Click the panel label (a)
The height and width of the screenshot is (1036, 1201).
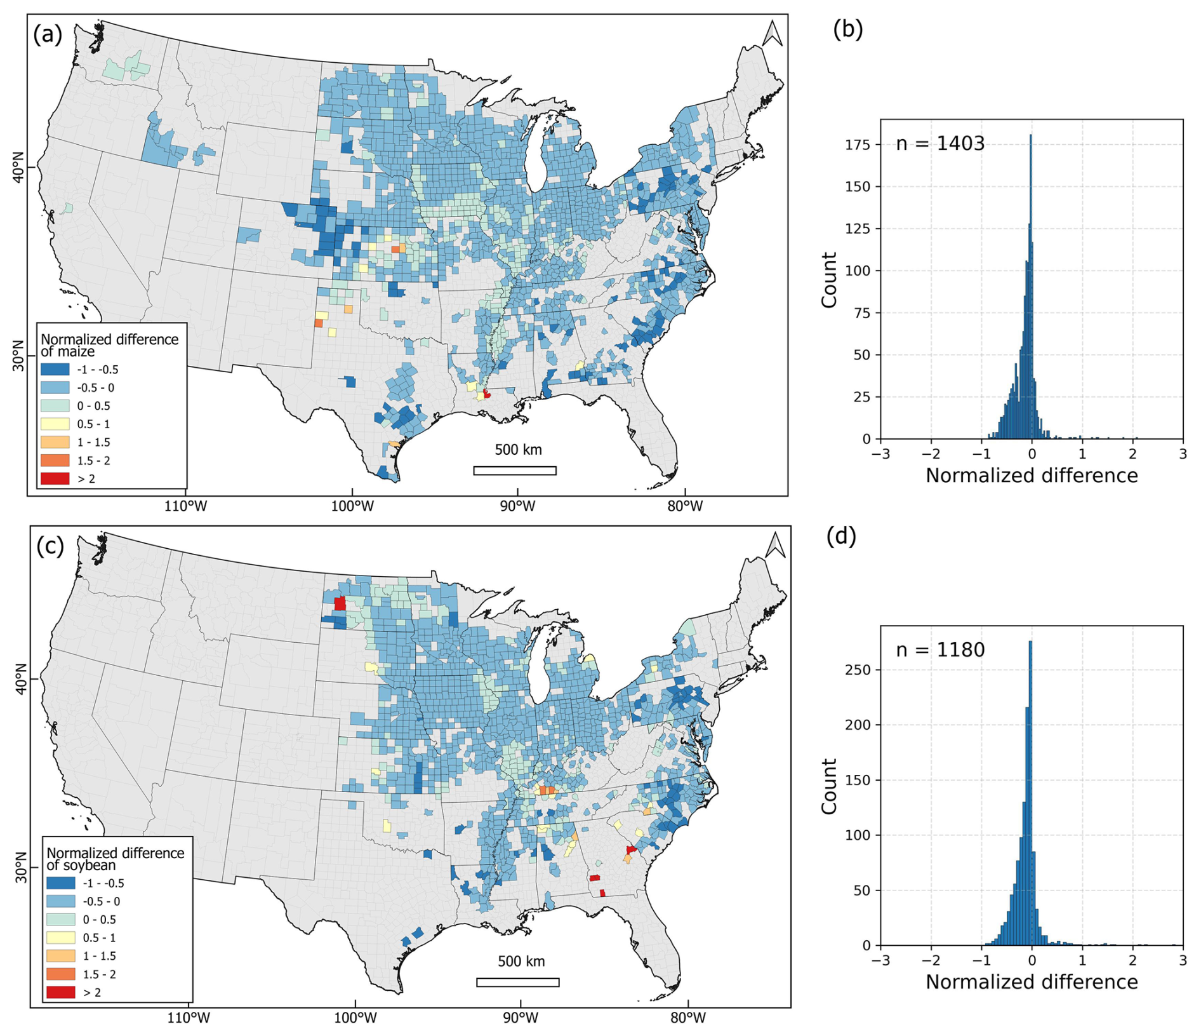pyautogui.click(x=48, y=34)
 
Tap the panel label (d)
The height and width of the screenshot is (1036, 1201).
pyautogui.click(x=841, y=537)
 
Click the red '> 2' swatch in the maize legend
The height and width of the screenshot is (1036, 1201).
pyautogui.click(x=55, y=479)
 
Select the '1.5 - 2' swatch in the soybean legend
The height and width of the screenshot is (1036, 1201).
pyautogui.click(x=60, y=974)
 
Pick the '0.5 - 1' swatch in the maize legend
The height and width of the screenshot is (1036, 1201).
pyautogui.click(x=55, y=424)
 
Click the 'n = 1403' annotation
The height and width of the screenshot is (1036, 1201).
pyautogui.click(x=940, y=144)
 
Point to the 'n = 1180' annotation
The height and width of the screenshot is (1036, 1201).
pyautogui.click(x=940, y=650)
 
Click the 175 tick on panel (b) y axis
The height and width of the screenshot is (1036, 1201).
pyautogui.click(x=858, y=145)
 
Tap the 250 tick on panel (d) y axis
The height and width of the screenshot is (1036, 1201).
pyautogui.click(x=858, y=669)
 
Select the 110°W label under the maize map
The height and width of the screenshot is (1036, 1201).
pyautogui.click(x=185, y=506)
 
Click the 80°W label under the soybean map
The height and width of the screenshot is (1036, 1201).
pyautogui.click(x=688, y=1018)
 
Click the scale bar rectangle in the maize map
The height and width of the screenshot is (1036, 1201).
pyautogui.click(x=515, y=471)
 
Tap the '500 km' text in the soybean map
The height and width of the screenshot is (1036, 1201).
pyautogui.click(x=521, y=961)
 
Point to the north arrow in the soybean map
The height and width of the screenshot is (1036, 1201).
pyautogui.click(x=775, y=546)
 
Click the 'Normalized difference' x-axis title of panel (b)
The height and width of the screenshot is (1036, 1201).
pyautogui.click(x=1032, y=475)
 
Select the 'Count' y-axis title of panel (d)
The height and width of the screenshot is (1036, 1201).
pyautogui.click(x=829, y=786)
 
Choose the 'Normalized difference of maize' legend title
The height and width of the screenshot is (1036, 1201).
pyautogui.click(x=110, y=345)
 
